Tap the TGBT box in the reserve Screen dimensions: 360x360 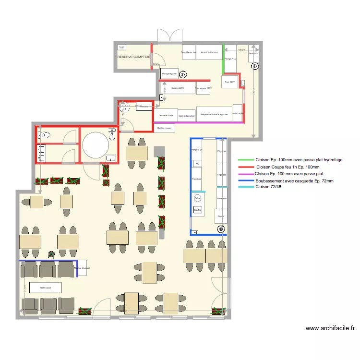[x=121, y=48]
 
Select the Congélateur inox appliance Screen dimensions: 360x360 [x=188, y=52]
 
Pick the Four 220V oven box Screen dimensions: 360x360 [x=230, y=82]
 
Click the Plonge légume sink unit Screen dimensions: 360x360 [x=170, y=73]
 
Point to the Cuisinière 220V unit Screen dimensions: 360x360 [x=178, y=88]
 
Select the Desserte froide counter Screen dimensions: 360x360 [x=165, y=115]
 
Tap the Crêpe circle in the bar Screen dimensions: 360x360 [x=197, y=198]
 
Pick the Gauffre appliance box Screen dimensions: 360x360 [x=197, y=210]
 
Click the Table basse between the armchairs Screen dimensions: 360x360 [x=45, y=288]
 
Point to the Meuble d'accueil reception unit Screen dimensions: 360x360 [x=82, y=269]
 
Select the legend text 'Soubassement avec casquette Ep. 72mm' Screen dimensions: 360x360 [x=294, y=180]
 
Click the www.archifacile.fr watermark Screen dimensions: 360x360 [x=330, y=329]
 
